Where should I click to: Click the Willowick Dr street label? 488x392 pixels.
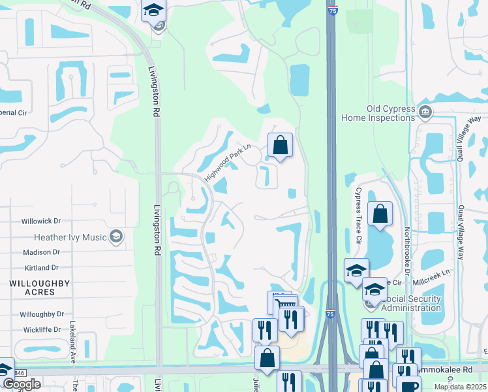click(x=40, y=221)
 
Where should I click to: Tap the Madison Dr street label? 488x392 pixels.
click(x=40, y=252)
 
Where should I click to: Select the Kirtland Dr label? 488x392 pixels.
click(x=40, y=268)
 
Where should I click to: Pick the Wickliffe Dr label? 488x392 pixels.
click(x=40, y=330)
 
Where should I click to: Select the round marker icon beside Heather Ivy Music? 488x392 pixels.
click(x=116, y=237)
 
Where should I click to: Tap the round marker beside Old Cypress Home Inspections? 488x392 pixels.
click(x=425, y=112)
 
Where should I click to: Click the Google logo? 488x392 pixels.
click(x=22, y=384)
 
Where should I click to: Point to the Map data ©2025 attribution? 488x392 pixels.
click(x=459, y=387)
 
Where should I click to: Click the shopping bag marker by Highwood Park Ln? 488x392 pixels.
click(x=280, y=146)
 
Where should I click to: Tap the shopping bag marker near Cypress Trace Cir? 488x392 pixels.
click(x=380, y=214)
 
